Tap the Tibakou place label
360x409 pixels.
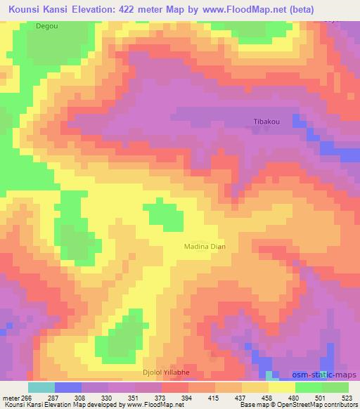click(x=266, y=121)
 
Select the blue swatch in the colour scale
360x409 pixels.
click(x=67, y=387)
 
